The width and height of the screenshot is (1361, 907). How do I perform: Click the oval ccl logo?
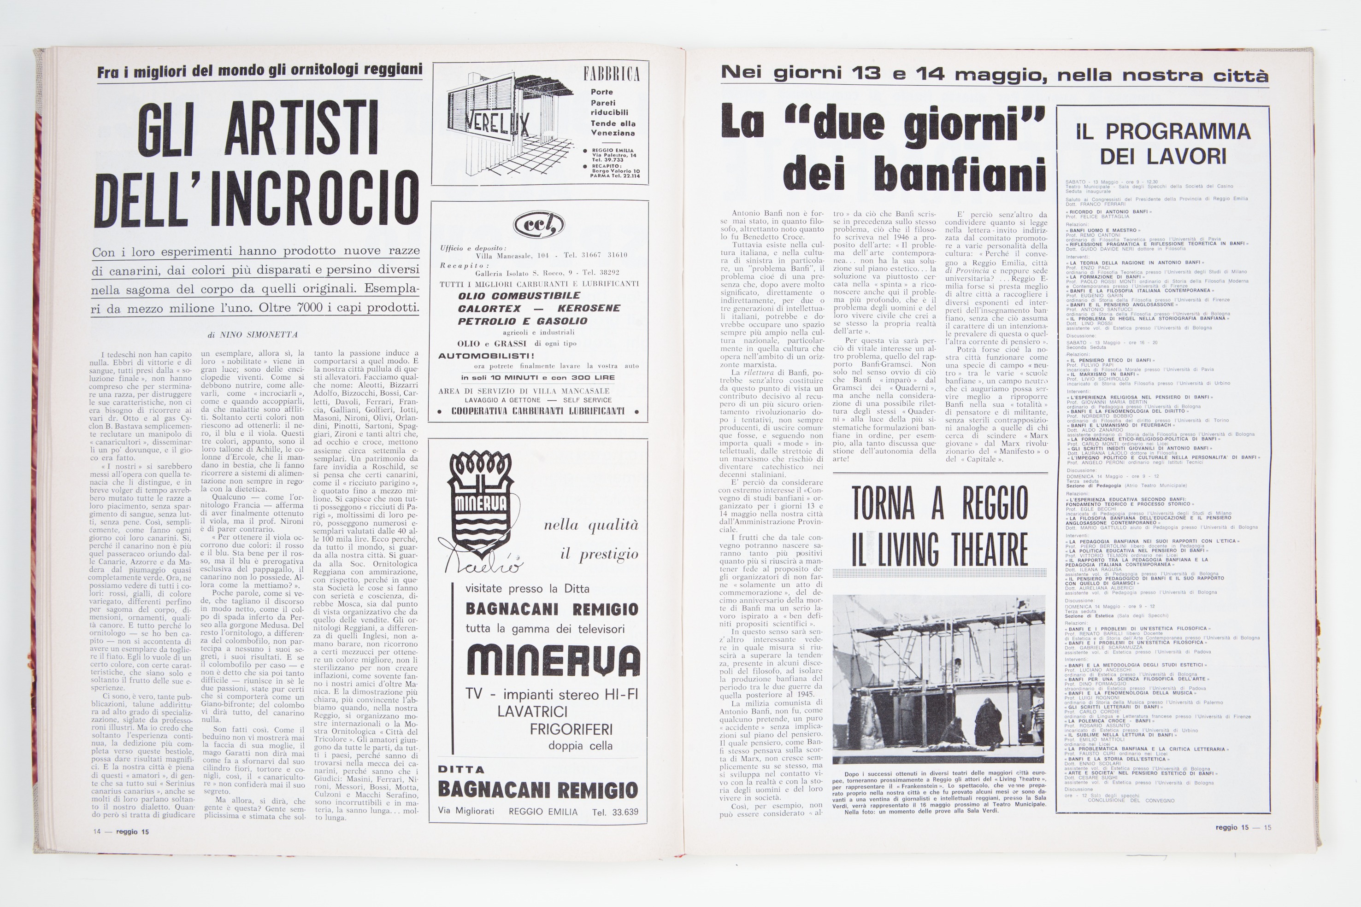(538, 224)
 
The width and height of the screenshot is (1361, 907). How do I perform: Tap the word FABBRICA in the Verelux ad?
(611, 74)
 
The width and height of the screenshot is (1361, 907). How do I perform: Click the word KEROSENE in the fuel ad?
(589, 308)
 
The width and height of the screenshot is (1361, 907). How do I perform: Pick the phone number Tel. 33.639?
(615, 812)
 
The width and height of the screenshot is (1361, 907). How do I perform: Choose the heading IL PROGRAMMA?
(1163, 131)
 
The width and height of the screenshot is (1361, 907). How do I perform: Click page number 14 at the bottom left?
(97, 832)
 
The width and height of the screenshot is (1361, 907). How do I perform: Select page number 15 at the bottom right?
(1267, 828)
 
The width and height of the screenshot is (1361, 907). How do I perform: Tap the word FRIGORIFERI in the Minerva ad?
(571, 729)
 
